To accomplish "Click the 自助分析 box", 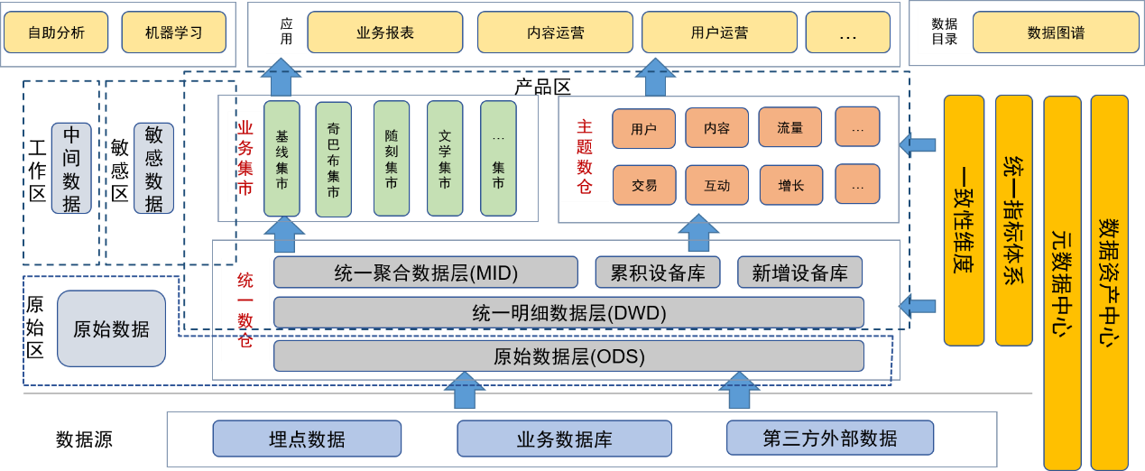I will pos(56,32).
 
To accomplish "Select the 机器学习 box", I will pos(174,32).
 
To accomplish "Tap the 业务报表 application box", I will pos(385,32).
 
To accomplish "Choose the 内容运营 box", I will pos(555,32).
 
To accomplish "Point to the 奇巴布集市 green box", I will pos(333,159).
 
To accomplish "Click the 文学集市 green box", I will pos(445,159).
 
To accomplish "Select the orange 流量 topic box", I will pos(789,127).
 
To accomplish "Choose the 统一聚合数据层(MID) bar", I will pos(425,272).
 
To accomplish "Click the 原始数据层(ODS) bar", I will pos(568,356).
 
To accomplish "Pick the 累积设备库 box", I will pos(658,272).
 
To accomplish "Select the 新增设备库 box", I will pos(799,272).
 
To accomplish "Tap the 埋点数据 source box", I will pos(307,439).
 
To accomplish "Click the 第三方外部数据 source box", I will pos(830,439).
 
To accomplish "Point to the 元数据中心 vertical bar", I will pos(1062,282).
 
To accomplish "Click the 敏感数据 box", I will pos(153,168).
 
